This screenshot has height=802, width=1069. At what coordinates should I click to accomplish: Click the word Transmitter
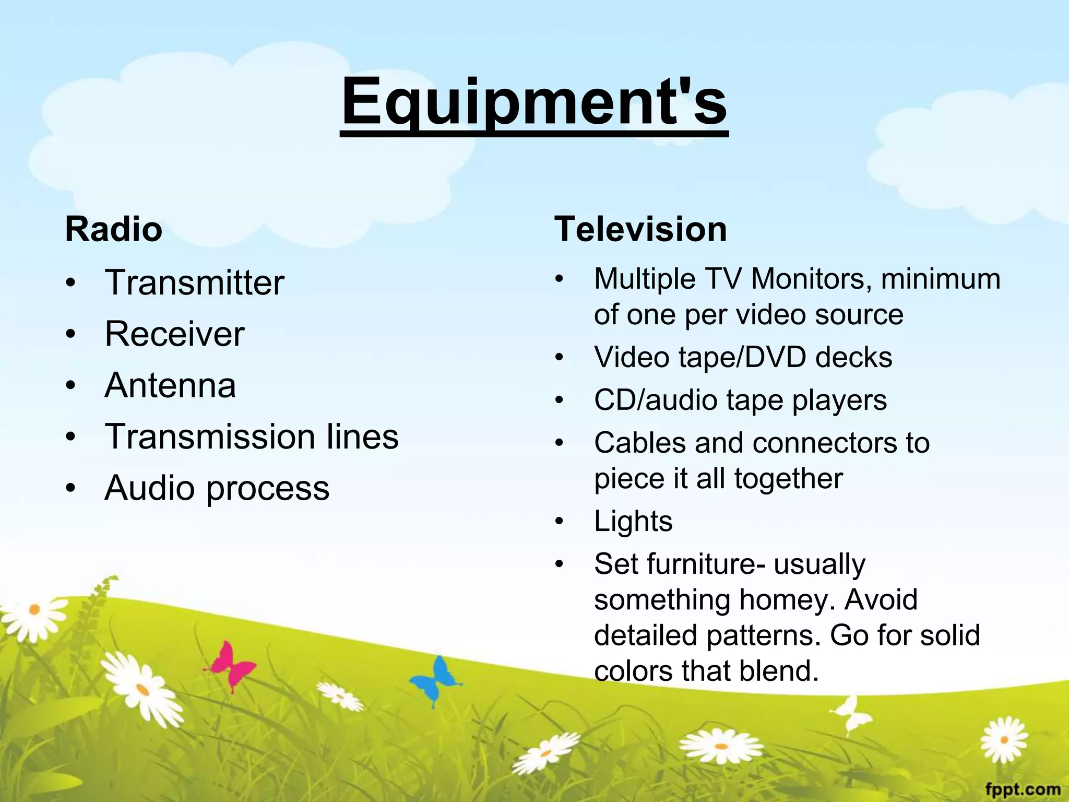pos(194,282)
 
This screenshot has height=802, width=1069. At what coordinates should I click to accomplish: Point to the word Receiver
pos(174,334)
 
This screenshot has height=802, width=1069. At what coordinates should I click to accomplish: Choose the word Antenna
pos(170,385)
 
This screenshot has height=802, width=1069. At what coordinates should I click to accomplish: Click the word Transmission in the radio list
pos(210,437)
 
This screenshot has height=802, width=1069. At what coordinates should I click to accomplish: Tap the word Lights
pos(633,521)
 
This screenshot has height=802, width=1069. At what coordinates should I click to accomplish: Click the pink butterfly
pos(232,666)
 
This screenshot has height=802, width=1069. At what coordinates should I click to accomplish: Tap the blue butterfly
pos(436,679)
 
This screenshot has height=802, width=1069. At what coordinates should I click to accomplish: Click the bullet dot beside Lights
pos(560,521)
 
